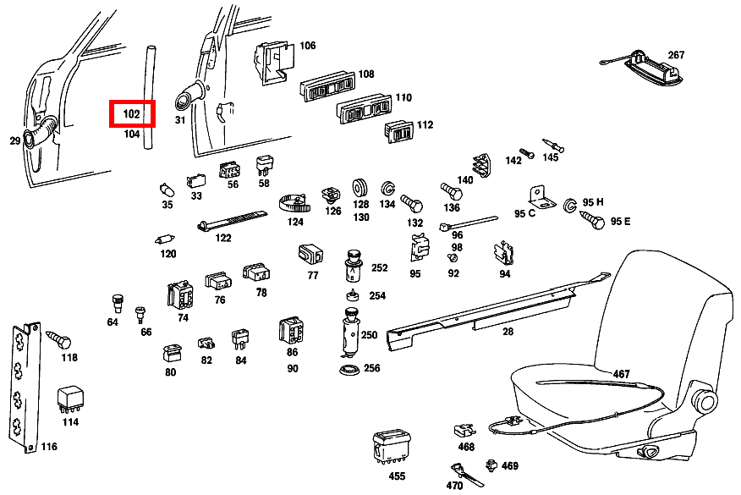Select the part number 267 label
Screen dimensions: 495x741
[x=676, y=55]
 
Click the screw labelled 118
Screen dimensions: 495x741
[x=58, y=340]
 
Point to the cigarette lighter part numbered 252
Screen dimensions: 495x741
[x=354, y=267]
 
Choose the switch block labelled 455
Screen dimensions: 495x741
[x=391, y=445]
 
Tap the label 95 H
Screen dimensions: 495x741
[x=595, y=202]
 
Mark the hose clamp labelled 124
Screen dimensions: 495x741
[x=294, y=203]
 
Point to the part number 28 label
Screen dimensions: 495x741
[x=508, y=332]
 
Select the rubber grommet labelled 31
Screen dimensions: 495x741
[x=187, y=96]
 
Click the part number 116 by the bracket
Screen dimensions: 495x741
[x=49, y=446]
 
